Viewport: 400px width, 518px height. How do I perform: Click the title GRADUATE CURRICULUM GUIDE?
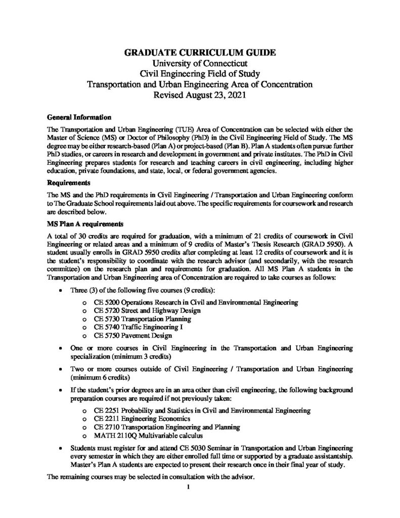point(200,53)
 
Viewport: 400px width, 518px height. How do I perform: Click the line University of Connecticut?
point(200,63)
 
